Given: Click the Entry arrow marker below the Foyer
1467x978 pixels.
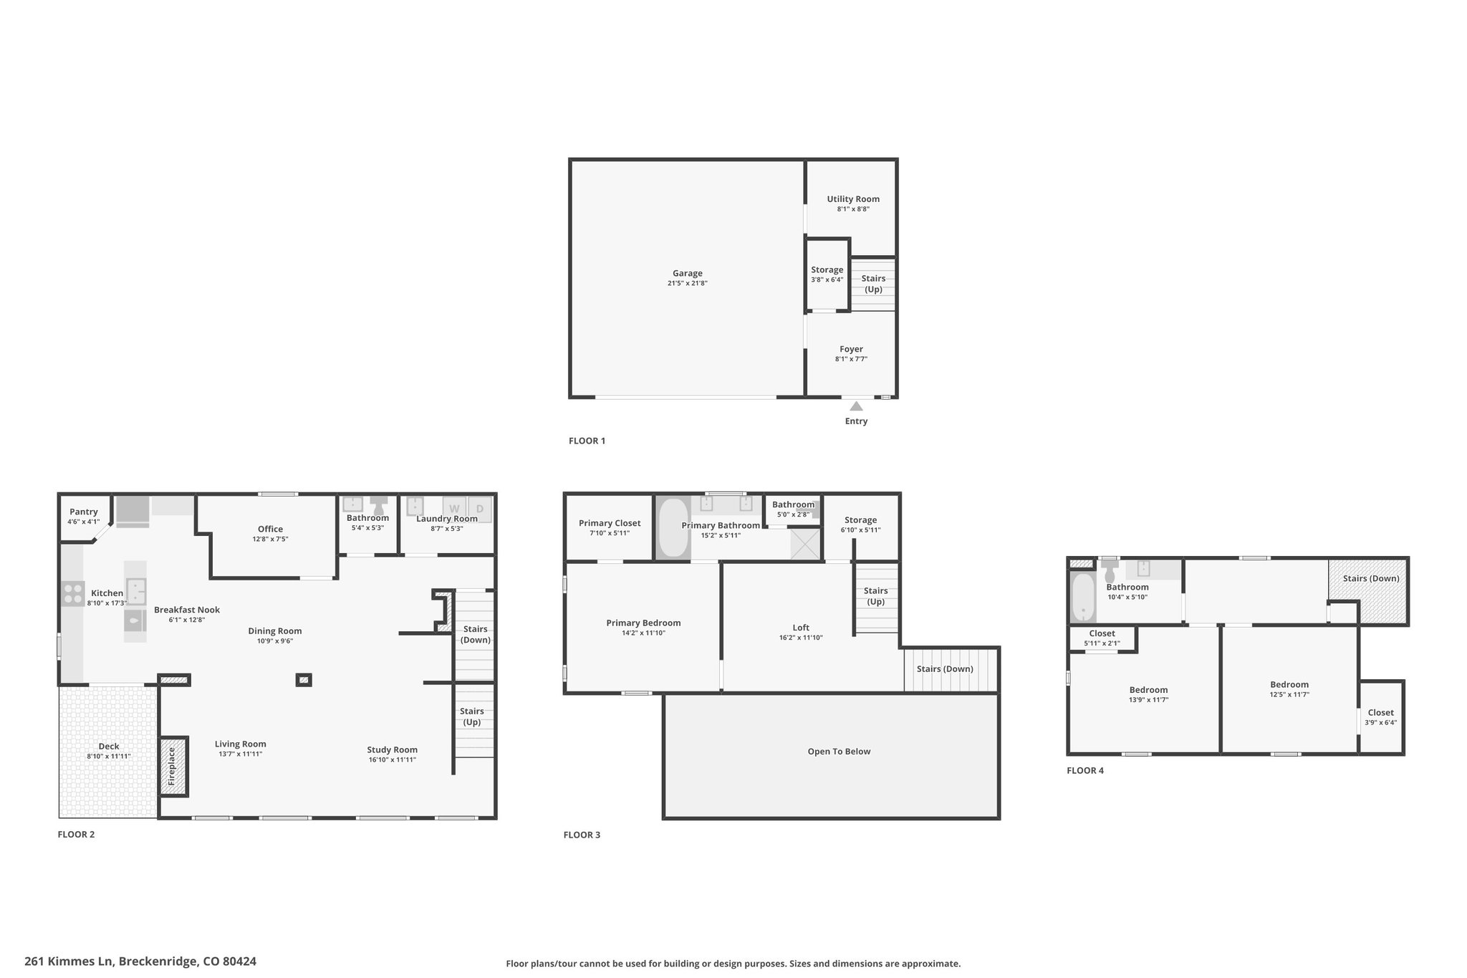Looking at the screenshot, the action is [x=856, y=406].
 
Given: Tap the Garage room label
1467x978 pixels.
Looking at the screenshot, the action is [x=687, y=273].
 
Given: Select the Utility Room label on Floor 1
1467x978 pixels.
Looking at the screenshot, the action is [x=853, y=199].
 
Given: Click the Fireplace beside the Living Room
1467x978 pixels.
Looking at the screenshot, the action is [x=172, y=767].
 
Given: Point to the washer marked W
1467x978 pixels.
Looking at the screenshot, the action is [x=454, y=509].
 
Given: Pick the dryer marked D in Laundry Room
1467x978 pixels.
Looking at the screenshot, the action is [x=480, y=509].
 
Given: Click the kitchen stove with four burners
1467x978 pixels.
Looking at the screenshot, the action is [x=72, y=594].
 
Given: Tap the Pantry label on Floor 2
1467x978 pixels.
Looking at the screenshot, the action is [x=84, y=512].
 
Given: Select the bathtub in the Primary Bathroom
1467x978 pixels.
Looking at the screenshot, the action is [x=672, y=527].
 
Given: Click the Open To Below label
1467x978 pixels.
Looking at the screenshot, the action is [x=839, y=752].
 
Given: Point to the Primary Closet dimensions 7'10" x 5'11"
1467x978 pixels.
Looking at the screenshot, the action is [x=610, y=533].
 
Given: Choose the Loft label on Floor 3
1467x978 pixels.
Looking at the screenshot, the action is [x=801, y=628].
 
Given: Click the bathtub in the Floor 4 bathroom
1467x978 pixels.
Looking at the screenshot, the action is [x=1082, y=597].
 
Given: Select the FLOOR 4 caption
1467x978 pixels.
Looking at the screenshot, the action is [x=1085, y=770].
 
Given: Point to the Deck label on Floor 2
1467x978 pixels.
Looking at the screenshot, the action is [x=109, y=746].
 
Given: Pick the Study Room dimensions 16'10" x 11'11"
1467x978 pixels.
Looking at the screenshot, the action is [x=393, y=759].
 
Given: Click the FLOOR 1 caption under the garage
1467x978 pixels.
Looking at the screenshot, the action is [x=587, y=441].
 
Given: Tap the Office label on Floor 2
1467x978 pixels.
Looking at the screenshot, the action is [x=270, y=529].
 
